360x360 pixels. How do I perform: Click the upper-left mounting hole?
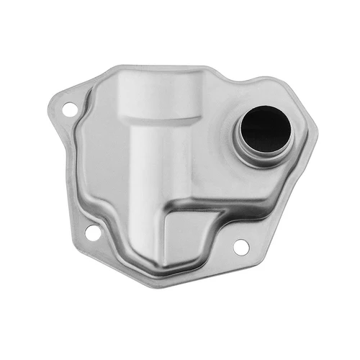pos(69,110)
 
